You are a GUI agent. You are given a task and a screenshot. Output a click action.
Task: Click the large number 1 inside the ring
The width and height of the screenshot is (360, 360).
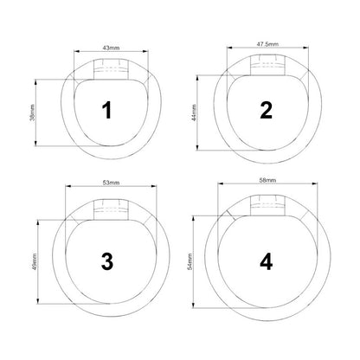pos(107,110)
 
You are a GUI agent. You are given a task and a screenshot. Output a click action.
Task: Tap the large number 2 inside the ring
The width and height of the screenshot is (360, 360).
pos(266,110)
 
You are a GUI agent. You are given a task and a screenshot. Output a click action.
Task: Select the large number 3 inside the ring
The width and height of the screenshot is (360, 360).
pos(107,261)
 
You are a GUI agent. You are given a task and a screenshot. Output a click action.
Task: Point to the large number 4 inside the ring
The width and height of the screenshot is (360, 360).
pos(266,261)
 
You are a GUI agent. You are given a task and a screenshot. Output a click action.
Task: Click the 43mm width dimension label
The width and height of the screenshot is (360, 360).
pos(111,48)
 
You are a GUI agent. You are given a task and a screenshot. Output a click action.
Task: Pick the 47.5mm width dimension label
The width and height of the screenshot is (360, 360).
pos(267,44)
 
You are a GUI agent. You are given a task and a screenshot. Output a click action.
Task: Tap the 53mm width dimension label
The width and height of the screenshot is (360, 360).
pos(111,183)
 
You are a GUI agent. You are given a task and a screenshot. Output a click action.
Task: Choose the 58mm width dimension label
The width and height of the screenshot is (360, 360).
pos(267,180)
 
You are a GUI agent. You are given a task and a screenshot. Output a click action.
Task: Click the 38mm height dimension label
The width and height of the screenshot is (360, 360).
pos(32,112)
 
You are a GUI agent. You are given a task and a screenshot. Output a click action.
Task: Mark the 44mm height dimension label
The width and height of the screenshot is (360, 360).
pos(194,112)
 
